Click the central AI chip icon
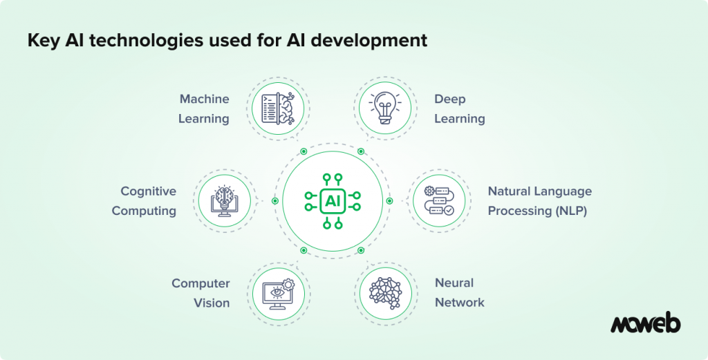tap(333, 201)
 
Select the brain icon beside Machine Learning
tap(278, 108)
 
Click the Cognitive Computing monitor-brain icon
tap(225, 201)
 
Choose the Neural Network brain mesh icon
tap(385, 293)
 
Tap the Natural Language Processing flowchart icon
tap(439, 200)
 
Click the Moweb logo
tap(645, 322)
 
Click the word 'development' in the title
tap(369, 41)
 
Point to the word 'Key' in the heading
tap(44, 40)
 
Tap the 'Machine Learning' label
tap(204, 108)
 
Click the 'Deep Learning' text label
tap(460, 108)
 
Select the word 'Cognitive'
tap(148, 191)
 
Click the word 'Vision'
tap(212, 303)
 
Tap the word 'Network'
tap(460, 302)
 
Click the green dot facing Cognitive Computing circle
tap(275, 201)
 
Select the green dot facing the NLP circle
tap(390, 201)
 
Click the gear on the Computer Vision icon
tap(288, 284)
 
